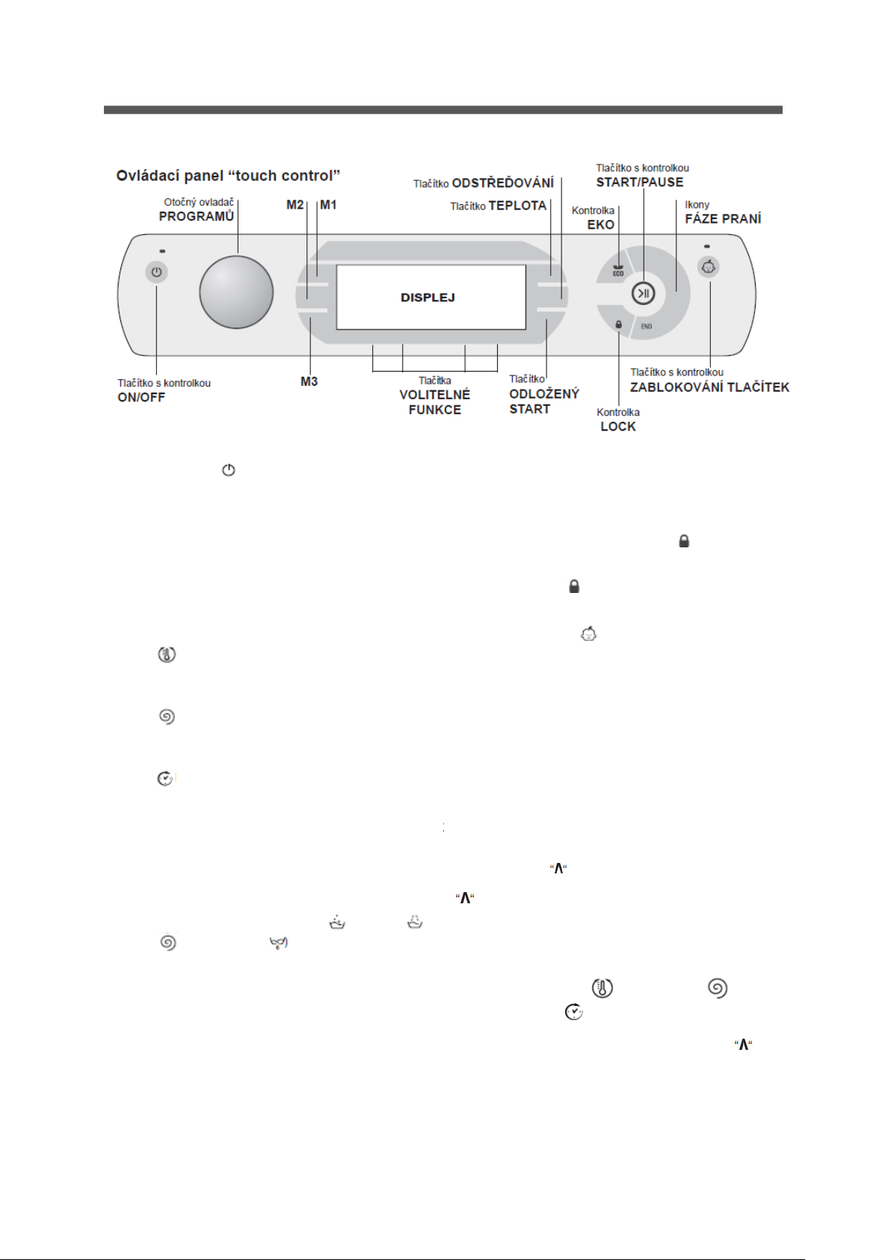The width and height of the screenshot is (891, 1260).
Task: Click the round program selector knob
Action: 236,292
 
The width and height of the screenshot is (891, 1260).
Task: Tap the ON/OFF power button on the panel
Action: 156,272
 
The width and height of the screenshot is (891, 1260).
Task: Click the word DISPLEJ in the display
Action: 428,298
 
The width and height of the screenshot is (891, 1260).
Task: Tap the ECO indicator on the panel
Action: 618,271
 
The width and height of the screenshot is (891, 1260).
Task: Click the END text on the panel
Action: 647,326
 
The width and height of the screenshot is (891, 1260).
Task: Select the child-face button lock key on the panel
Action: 709,267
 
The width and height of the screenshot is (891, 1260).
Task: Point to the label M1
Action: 328,205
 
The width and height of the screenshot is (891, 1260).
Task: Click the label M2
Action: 295,205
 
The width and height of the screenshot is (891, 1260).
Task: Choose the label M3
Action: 309,381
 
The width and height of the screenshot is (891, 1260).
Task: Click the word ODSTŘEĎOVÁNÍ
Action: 503,183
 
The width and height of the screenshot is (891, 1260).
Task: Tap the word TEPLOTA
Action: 518,206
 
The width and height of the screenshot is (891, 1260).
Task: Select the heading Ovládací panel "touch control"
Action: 228,176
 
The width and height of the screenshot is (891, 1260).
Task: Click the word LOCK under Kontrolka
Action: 618,426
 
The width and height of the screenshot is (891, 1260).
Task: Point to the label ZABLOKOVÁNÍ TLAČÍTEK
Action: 710,387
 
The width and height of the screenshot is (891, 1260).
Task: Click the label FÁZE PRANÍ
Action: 723,219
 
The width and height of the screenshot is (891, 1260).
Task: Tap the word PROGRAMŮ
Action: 197,217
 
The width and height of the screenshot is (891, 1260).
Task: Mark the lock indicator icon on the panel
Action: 618,325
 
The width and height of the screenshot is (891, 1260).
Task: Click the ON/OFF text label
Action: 141,398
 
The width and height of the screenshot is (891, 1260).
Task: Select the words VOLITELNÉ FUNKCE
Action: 435,402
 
